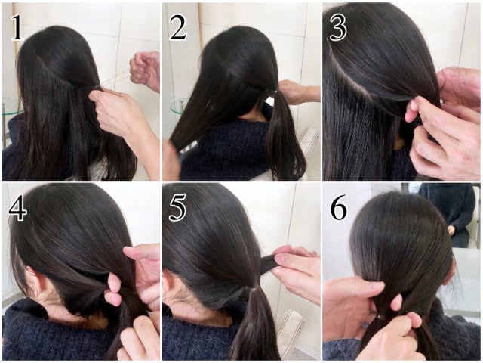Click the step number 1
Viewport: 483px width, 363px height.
(x=17, y=28)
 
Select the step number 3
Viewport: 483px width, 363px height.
(x=338, y=27)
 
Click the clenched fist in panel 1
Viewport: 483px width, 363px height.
(x=145, y=70)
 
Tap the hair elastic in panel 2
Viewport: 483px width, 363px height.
(x=274, y=92)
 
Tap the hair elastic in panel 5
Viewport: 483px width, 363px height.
(x=254, y=289)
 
